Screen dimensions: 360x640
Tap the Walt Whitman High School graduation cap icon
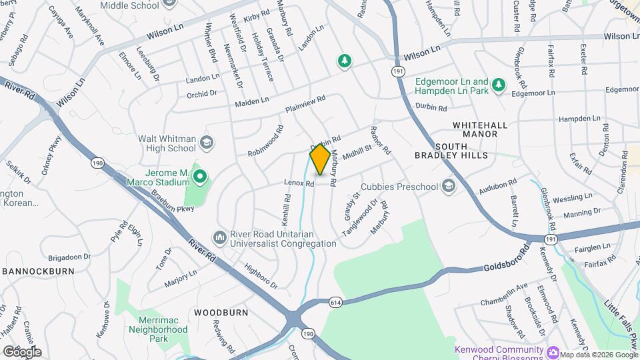click(x=207, y=142)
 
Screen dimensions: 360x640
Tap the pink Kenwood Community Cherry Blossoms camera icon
click(x=553, y=351)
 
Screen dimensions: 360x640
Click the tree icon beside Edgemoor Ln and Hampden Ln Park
click(x=497, y=84)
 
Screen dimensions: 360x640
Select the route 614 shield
click(x=336, y=302)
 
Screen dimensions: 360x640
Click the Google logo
click(x=22, y=351)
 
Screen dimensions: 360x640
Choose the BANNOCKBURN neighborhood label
click(x=32, y=271)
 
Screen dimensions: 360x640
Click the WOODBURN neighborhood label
click(x=221, y=312)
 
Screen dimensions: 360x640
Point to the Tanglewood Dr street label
click(x=359, y=217)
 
